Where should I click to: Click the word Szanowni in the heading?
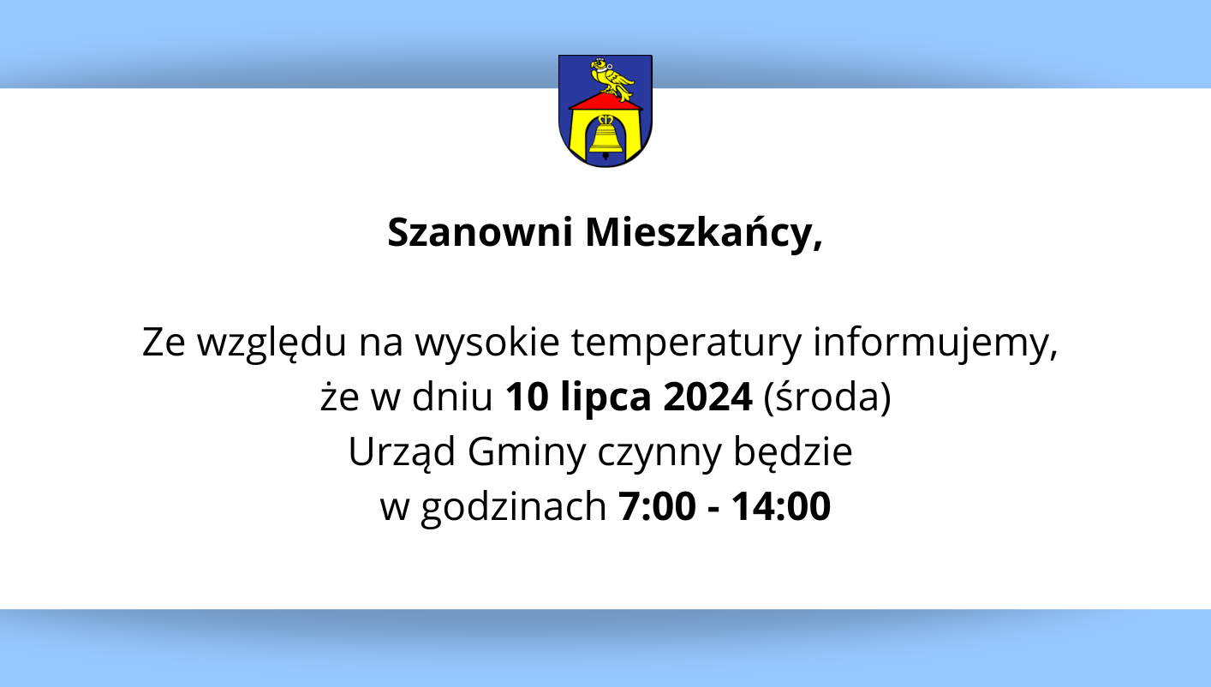(x=480, y=233)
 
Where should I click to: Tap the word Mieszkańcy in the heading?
(x=700, y=234)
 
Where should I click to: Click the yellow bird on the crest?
(x=612, y=80)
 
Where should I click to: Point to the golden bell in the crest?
(x=605, y=135)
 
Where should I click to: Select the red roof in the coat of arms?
(x=606, y=100)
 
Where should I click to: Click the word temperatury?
(x=686, y=343)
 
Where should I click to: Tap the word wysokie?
(x=487, y=343)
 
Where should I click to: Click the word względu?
(x=272, y=343)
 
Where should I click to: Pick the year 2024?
(x=707, y=397)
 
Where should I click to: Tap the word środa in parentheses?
(x=827, y=397)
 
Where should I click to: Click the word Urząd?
(x=402, y=452)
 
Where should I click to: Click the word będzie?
(x=793, y=451)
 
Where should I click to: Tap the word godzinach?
(x=514, y=508)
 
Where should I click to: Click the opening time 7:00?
(x=657, y=506)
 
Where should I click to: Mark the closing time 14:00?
(x=781, y=506)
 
